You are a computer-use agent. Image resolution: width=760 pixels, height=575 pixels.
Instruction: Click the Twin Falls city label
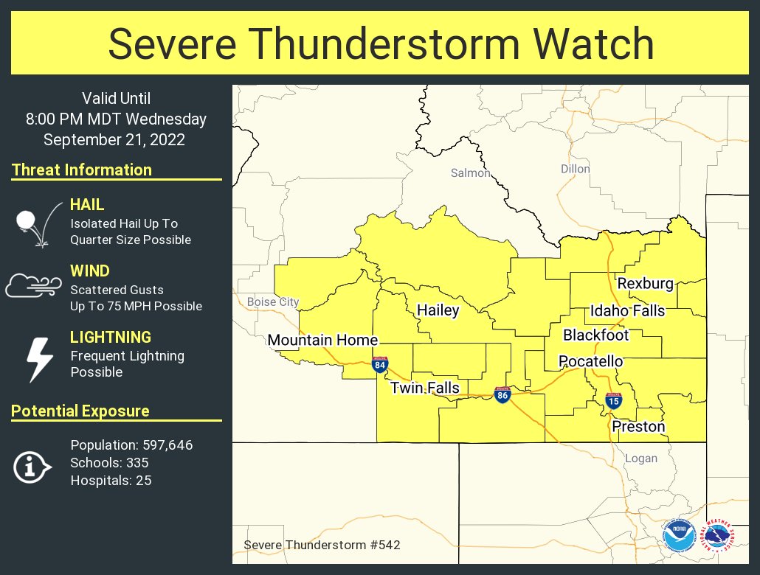coord(424,388)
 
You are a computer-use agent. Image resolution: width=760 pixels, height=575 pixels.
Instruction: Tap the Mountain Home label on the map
coord(322,340)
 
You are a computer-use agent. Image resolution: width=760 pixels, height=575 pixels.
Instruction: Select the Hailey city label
coord(438,310)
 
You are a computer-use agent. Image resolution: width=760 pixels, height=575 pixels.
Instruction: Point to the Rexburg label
coord(645,284)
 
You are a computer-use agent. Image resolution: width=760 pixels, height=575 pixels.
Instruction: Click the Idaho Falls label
coord(627,310)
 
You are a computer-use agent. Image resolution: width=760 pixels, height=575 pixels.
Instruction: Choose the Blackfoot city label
coord(595,335)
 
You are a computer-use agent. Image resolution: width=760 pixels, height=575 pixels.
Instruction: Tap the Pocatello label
coord(590,361)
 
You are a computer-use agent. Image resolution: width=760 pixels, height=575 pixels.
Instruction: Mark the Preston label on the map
coord(638,426)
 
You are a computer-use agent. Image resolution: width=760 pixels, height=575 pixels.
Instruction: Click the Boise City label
coord(273,302)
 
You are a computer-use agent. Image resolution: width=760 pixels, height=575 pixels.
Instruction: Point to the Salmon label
coord(470,173)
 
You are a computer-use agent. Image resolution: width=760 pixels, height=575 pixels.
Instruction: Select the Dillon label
coord(575,169)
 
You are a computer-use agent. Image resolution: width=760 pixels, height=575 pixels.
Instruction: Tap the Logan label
coord(640,458)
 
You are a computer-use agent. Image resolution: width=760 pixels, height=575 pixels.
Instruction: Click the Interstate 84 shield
coord(379,364)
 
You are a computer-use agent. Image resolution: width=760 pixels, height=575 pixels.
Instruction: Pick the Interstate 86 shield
coord(502,395)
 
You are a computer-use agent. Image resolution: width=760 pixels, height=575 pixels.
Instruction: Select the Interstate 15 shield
coord(613,400)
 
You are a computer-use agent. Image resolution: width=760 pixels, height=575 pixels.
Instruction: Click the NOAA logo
coord(677,536)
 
